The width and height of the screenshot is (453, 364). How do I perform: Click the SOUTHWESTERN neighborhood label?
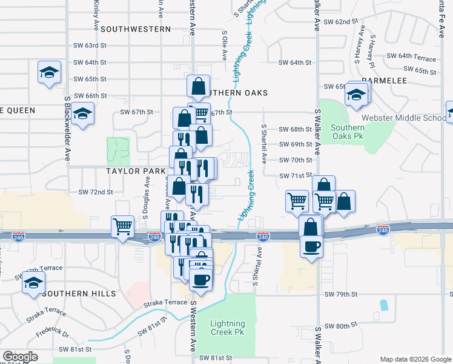click(136, 29)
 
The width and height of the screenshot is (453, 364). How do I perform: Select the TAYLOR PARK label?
click(136, 171)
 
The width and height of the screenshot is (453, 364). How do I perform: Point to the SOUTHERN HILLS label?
click(79, 294)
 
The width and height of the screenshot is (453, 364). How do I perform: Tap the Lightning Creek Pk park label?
click(228, 328)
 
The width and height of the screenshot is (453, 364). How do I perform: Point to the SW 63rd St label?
click(90, 45)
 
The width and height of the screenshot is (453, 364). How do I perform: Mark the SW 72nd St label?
click(96, 192)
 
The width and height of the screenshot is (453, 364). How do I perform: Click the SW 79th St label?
click(341, 294)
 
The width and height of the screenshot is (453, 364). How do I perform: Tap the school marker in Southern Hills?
click(34, 282)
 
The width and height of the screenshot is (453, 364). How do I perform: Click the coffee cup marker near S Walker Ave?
click(312, 246)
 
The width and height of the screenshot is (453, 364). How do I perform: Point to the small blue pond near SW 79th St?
click(383, 305)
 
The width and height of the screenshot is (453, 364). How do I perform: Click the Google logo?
click(21, 356)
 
